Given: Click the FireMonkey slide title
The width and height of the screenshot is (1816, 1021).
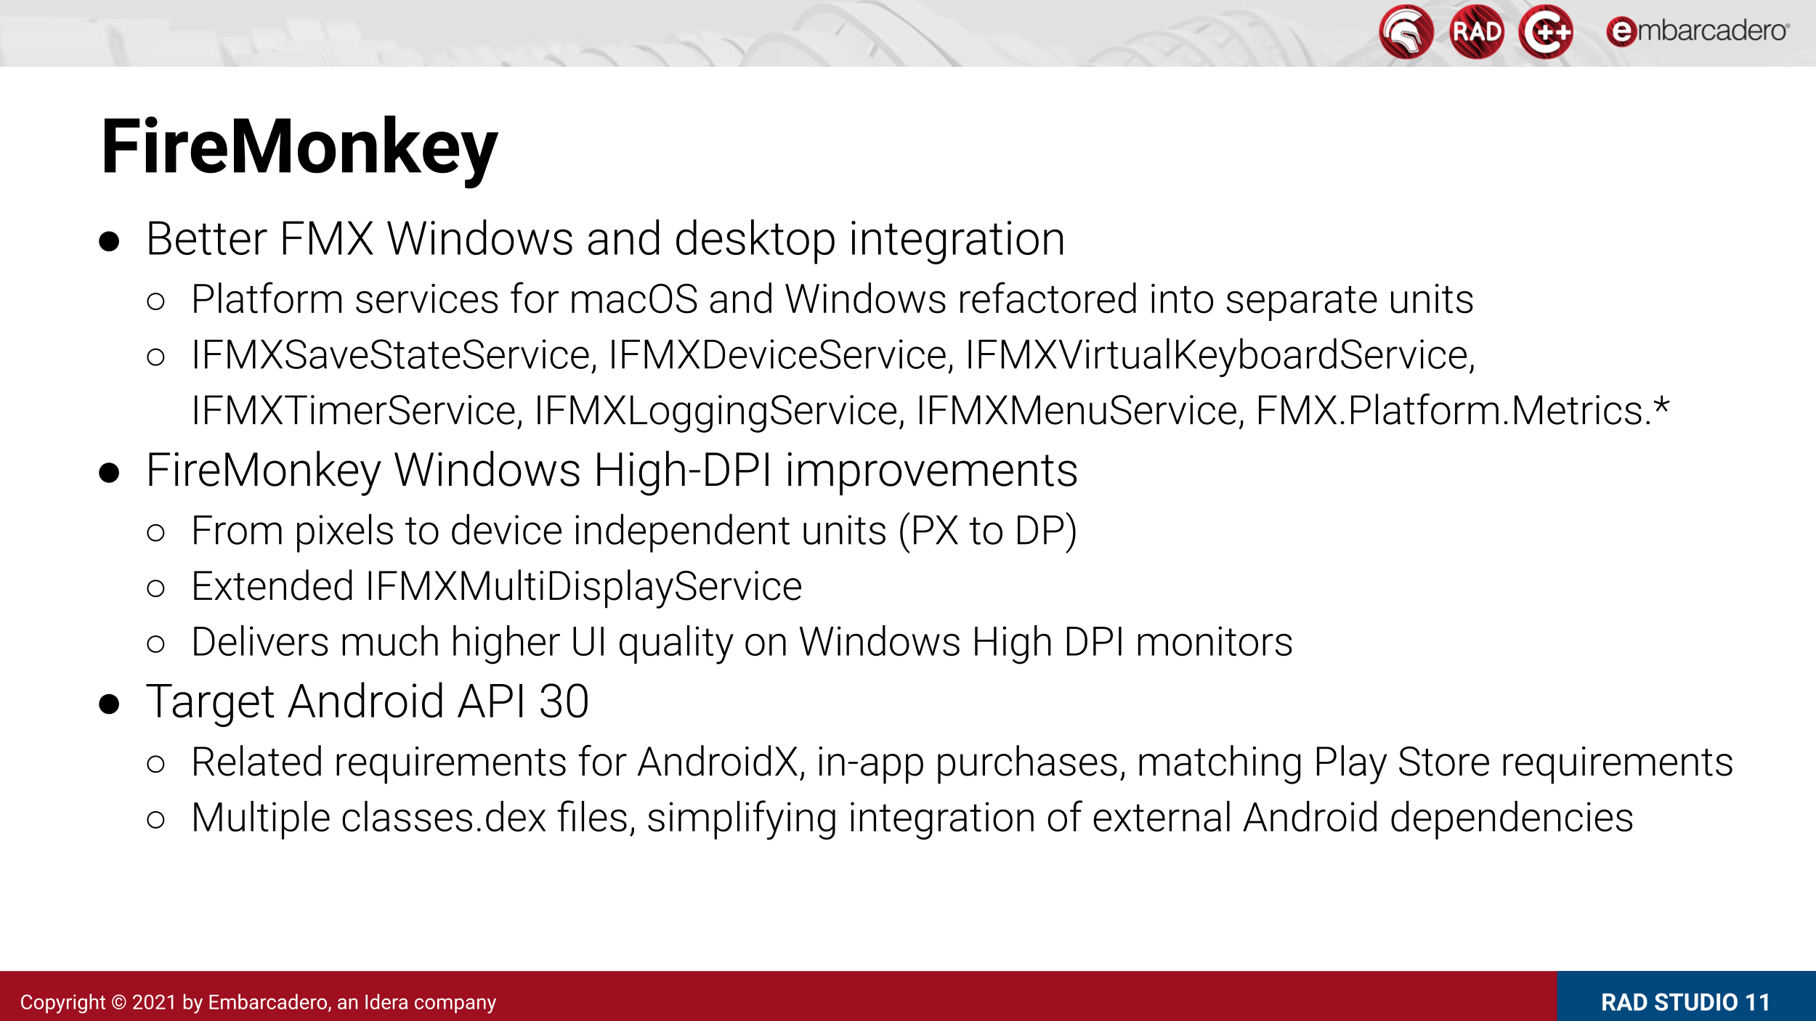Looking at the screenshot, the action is coord(299,149).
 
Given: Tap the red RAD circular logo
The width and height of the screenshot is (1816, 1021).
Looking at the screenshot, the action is coord(1476,31).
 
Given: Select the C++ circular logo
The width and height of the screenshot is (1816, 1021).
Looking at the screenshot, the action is coord(1546,31).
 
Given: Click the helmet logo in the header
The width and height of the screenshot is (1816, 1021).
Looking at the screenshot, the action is coord(1406,31).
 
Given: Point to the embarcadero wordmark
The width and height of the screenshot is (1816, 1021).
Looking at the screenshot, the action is coord(1698,31).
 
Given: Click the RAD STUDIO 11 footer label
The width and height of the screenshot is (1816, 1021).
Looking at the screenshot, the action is coord(1685,1002).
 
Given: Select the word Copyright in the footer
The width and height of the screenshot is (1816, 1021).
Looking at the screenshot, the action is coord(63,1003).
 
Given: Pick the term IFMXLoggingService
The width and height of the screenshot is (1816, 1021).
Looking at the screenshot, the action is coord(719,411).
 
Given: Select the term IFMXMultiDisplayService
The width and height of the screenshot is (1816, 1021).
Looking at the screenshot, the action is coord(584,587).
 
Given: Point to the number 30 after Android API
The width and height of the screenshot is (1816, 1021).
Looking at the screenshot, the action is coord(564,702).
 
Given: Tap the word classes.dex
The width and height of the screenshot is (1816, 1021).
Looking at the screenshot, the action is coord(444,818).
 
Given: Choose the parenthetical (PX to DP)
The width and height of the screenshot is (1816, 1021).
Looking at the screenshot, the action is coord(988,532).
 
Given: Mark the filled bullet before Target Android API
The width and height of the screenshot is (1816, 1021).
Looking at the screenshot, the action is coord(109,704).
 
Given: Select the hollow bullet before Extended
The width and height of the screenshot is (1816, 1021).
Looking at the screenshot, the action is coord(155,587).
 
